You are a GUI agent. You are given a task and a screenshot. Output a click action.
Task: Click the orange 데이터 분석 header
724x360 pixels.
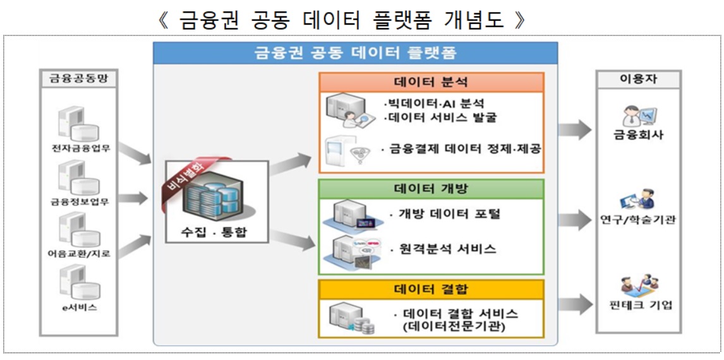tap(431, 82)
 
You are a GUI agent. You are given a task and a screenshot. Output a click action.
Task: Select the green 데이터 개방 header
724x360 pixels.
tap(431, 189)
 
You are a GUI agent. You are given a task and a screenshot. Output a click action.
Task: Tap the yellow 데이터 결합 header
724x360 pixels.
tap(431, 291)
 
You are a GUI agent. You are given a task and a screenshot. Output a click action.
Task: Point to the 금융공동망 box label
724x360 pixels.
tap(79, 79)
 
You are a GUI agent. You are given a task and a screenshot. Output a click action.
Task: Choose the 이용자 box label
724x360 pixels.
tap(638, 79)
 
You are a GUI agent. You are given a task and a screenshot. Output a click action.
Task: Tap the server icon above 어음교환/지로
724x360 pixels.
tap(79, 231)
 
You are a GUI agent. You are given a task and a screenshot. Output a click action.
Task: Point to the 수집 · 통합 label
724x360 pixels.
tap(217, 232)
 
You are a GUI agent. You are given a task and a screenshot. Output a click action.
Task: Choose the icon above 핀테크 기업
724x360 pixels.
tap(638, 285)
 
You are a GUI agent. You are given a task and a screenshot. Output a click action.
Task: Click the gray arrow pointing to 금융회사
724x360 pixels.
tap(574, 130)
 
